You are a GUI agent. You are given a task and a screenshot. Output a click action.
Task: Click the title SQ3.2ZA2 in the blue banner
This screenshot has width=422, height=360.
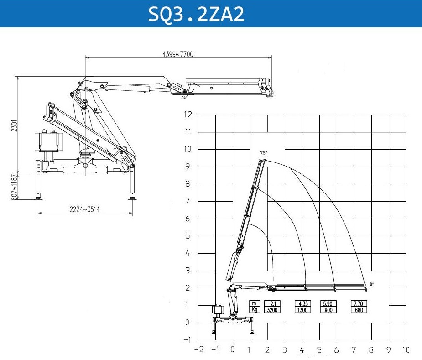196,14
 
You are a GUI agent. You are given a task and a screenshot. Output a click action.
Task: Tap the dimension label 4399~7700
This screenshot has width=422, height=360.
178,54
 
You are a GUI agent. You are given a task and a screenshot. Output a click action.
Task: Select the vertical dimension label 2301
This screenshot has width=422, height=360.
14,126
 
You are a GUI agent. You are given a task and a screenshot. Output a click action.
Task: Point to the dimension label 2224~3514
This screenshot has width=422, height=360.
84,209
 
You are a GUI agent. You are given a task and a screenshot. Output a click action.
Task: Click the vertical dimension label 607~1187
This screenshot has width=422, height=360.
14,187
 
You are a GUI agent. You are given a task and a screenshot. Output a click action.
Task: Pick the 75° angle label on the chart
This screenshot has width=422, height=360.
264,153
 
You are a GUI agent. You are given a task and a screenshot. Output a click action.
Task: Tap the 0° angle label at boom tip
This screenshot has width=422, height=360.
372,284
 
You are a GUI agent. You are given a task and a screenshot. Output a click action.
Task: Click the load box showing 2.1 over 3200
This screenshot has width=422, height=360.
272,307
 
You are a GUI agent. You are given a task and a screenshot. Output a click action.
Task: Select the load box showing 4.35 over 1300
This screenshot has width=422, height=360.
303,307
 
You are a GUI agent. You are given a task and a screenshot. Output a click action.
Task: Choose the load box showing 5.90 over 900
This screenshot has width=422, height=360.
328,307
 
